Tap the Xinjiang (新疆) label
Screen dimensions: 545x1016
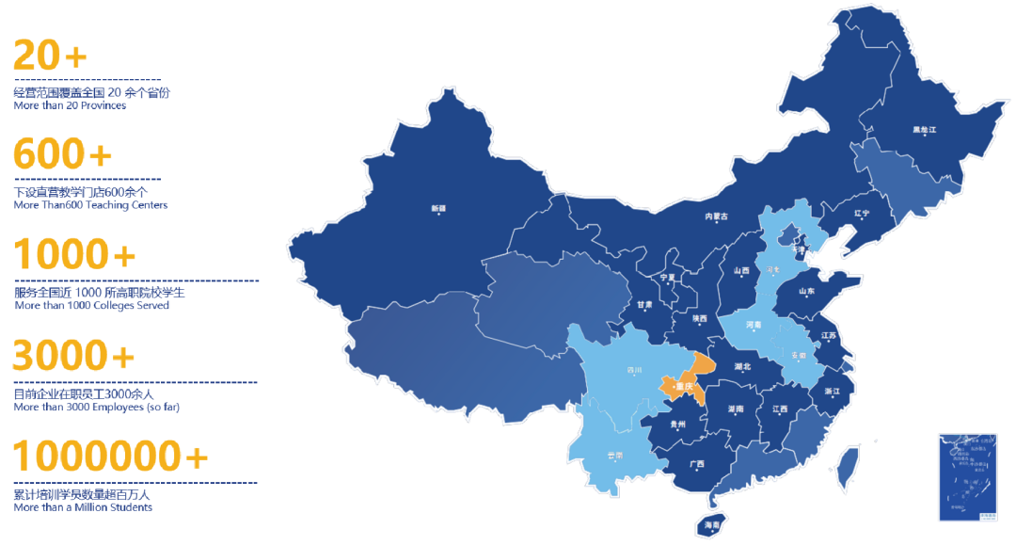(x=438, y=208)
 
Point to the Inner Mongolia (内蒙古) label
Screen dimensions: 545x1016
(x=717, y=216)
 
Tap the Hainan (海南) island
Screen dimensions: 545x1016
(x=712, y=522)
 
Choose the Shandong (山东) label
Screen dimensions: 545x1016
(x=807, y=291)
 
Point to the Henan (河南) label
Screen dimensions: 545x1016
(x=753, y=325)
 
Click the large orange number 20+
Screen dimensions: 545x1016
(x=50, y=56)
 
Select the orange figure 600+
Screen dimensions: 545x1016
(x=62, y=154)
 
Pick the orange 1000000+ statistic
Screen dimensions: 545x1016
(x=110, y=457)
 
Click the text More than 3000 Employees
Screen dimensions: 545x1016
(x=96, y=408)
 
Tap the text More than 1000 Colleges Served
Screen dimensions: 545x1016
(x=92, y=306)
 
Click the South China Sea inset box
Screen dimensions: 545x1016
(x=966, y=477)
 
